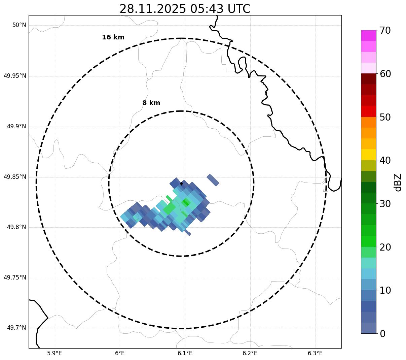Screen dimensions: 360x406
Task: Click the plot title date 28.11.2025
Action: [152, 9]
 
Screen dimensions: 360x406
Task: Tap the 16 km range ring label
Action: [113, 37]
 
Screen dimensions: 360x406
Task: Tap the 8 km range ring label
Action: [151, 103]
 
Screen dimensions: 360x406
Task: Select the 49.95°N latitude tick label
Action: [15, 76]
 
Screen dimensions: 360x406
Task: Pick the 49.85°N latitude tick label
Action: [15, 177]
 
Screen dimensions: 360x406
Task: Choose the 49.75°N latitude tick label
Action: [15, 277]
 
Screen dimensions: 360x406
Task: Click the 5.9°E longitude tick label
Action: [54, 353]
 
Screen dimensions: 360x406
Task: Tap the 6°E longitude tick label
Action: [120, 353]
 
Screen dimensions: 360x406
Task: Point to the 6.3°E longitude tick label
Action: [315, 353]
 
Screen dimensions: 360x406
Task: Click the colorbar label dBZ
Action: [398, 182]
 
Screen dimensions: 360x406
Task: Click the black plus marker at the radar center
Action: [181, 184]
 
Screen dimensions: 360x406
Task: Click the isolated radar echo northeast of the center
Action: [213, 180]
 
